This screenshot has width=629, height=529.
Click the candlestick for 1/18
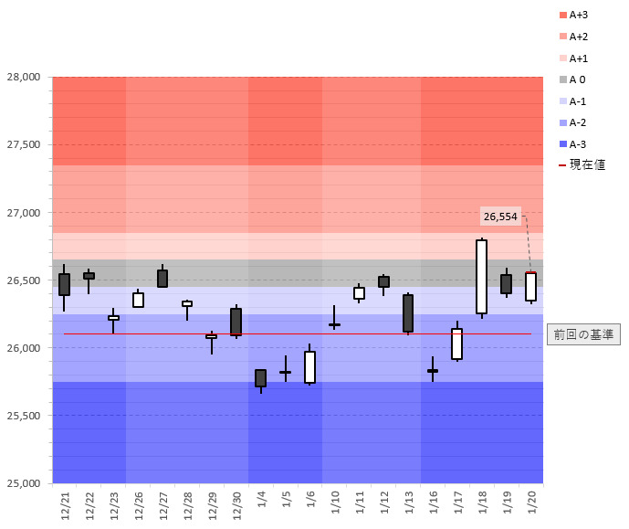[481, 277]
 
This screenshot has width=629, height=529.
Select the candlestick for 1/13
[408, 312]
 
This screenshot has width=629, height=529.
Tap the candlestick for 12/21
[64, 284]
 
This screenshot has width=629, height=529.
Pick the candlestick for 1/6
[310, 366]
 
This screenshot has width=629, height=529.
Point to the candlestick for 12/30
[236, 322]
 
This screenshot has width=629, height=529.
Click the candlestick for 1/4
[260, 378]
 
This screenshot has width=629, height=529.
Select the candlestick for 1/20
[530, 286]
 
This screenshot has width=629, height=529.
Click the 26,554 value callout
[500, 217]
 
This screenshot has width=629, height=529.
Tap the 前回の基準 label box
[584, 334]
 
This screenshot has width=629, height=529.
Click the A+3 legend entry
[578, 15]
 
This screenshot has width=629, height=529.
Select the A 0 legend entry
[578, 79]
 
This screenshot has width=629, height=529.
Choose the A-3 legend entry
[578, 144]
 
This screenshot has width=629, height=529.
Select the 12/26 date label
[139, 504]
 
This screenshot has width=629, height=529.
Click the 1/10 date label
[335, 503]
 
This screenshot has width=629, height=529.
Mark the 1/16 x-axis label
[433, 503]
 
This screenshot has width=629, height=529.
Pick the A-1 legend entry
[578, 101]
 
